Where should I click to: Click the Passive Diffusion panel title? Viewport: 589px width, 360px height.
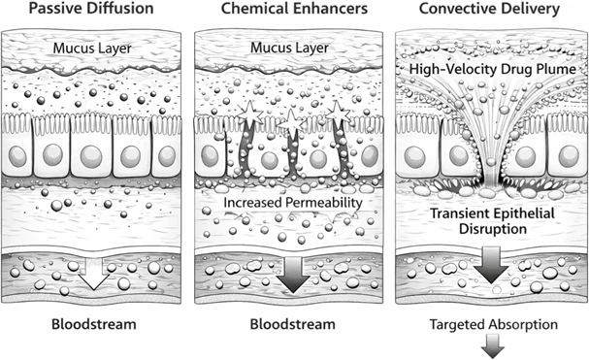[x=91, y=9]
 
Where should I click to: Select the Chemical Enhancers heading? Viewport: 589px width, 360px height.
[x=294, y=9]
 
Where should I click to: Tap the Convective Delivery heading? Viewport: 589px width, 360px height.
[x=489, y=9]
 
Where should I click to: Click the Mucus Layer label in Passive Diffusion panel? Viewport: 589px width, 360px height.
[x=92, y=49]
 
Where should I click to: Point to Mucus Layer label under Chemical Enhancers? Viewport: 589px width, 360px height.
[x=289, y=48]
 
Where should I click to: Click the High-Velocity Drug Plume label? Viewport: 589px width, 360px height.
[x=493, y=69]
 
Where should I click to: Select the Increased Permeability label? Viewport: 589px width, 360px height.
[x=293, y=203]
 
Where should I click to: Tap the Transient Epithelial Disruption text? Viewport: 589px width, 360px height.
[x=493, y=221]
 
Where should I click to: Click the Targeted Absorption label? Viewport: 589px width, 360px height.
[x=494, y=324]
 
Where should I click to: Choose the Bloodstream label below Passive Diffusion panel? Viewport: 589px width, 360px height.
[x=93, y=324]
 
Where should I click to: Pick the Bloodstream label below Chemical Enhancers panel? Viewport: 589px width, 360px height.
[x=293, y=324]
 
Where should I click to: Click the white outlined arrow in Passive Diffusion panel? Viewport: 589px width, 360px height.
[x=93, y=274]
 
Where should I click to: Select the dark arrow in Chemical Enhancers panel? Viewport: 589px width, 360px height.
[x=293, y=275]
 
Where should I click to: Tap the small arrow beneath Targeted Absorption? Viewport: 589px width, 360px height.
[x=493, y=345]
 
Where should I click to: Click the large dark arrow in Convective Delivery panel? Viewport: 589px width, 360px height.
[x=491, y=265]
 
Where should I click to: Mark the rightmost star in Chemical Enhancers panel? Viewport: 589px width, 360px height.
[x=338, y=113]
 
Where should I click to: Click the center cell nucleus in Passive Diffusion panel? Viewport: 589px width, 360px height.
[x=91, y=156]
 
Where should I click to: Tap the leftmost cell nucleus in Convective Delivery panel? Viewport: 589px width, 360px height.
[x=414, y=156]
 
